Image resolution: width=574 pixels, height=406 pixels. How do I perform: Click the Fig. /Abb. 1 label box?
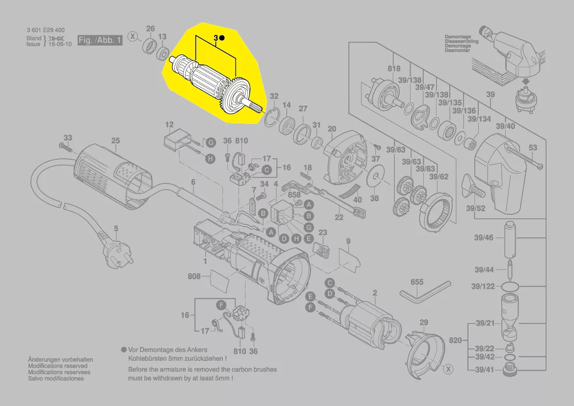(x=100, y=40)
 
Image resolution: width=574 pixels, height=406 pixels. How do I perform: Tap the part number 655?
(x=417, y=282)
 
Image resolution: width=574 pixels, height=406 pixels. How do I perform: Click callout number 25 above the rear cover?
(x=115, y=141)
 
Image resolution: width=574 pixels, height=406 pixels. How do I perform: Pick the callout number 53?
(x=533, y=147)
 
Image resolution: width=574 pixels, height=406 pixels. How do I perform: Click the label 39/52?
(x=476, y=208)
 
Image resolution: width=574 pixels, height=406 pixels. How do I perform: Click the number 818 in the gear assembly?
(x=394, y=69)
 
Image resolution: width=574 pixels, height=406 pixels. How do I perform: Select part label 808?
(x=194, y=276)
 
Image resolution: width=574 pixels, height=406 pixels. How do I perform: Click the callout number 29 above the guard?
(x=423, y=322)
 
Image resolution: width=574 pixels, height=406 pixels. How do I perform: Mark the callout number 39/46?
(x=484, y=238)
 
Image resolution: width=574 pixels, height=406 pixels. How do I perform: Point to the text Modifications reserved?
(x=58, y=366)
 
